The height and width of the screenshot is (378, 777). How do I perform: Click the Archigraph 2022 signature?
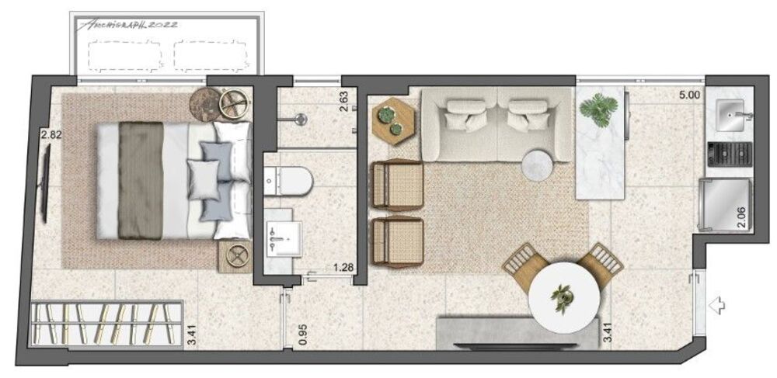tap(128, 24)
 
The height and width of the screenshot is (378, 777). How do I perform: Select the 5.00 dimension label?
tap(688, 96)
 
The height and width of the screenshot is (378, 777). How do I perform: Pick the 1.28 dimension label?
tap(343, 269)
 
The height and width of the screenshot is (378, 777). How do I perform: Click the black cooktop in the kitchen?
tap(728, 154)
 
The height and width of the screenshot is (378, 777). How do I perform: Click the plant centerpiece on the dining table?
tap(562, 296)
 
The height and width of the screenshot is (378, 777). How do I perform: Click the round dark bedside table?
tap(207, 105)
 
